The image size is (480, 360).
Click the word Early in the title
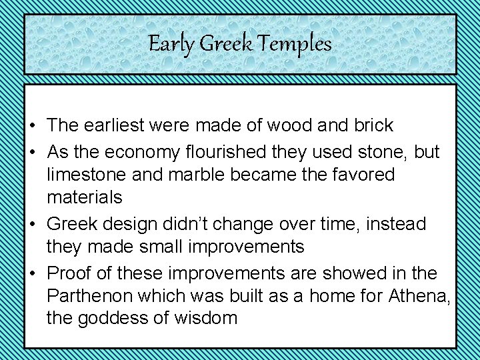point(172,45)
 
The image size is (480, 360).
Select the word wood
point(295,125)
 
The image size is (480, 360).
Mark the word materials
point(85,197)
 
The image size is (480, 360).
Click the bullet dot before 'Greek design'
point(32,225)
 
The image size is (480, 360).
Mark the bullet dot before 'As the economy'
point(32,153)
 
